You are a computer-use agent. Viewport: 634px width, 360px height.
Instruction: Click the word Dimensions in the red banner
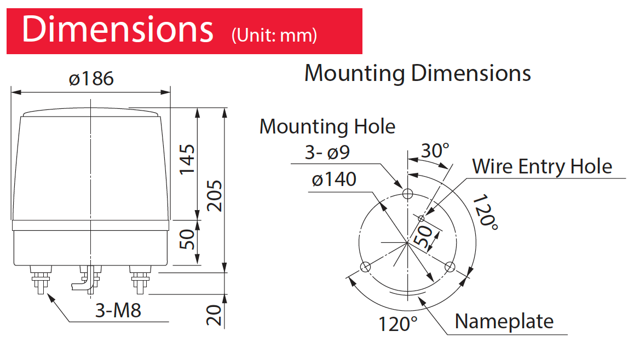point(117,30)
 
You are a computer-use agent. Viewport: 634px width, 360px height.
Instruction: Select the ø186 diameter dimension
point(91,79)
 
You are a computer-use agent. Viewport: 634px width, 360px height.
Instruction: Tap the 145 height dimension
point(187,159)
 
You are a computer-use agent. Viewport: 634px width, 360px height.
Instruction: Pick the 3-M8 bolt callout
point(118,310)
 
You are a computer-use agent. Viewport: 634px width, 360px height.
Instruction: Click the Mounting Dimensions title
point(417,73)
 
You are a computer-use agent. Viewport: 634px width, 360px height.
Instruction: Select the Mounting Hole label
point(327,126)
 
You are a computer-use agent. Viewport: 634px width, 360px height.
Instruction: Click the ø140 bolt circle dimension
point(334,179)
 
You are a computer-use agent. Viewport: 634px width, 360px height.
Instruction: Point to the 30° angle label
point(435,150)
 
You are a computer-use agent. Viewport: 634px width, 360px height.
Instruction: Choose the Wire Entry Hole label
point(541,166)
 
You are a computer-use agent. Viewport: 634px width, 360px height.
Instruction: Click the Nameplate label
point(504,321)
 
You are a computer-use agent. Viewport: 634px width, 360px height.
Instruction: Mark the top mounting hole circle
point(407,194)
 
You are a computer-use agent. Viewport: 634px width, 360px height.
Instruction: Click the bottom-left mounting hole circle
point(365,267)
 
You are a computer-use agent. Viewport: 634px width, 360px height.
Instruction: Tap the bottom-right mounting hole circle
point(449,267)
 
